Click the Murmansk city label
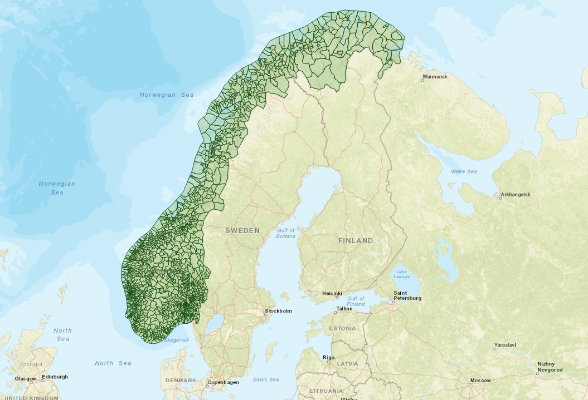pyautogui.click(x=435, y=76)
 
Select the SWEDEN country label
pyautogui.click(x=242, y=230)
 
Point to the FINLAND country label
pyautogui.click(x=356, y=241)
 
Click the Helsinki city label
pyautogui.click(x=332, y=293)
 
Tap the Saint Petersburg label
pyautogui.click(x=407, y=295)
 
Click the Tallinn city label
pyautogui.click(x=344, y=308)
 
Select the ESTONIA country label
pyautogui.click(x=342, y=328)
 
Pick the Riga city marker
pyautogui.click(x=329, y=362)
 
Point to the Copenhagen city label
pyautogui.click(x=223, y=382)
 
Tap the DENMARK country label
pyautogui.click(x=181, y=380)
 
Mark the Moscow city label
pyautogui.click(x=480, y=381)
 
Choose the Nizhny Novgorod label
pyautogui.click(x=550, y=367)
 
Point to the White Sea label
pyautogui.click(x=464, y=171)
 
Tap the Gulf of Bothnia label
pyautogui.click(x=286, y=233)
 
